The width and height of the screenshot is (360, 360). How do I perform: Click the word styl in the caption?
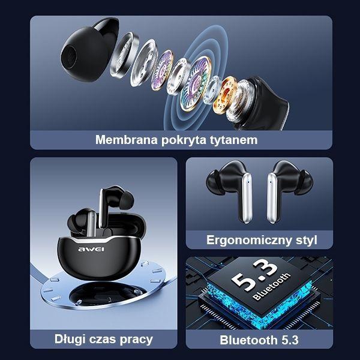304,241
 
